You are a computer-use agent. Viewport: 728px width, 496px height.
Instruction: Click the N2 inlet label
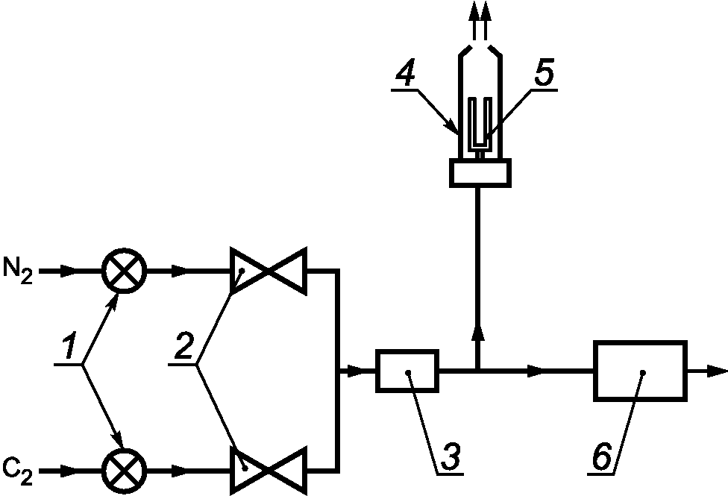(18, 270)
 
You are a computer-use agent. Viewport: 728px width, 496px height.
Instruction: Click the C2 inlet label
(18, 471)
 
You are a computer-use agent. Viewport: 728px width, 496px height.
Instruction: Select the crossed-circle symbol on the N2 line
(125, 271)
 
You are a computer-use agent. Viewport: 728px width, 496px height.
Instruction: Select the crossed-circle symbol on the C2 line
(125, 471)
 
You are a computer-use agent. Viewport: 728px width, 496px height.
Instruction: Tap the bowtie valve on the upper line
(269, 271)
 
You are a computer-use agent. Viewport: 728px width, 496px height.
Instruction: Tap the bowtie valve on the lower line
(269, 471)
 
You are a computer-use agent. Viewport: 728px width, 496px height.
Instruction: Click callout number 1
(69, 346)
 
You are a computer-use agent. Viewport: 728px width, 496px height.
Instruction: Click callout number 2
(183, 345)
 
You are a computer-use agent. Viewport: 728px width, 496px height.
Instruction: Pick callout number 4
(405, 72)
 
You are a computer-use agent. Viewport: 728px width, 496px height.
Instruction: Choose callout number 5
(545, 72)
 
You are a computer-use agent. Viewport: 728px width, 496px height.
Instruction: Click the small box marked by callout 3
(407, 371)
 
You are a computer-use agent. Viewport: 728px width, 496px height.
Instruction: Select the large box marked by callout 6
(641, 371)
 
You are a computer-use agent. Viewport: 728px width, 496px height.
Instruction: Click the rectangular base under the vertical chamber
(480, 173)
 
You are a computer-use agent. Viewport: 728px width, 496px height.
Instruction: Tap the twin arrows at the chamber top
(480, 21)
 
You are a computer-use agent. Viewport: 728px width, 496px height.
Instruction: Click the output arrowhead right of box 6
(717, 371)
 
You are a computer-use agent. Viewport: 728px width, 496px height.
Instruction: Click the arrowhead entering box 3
(355, 371)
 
